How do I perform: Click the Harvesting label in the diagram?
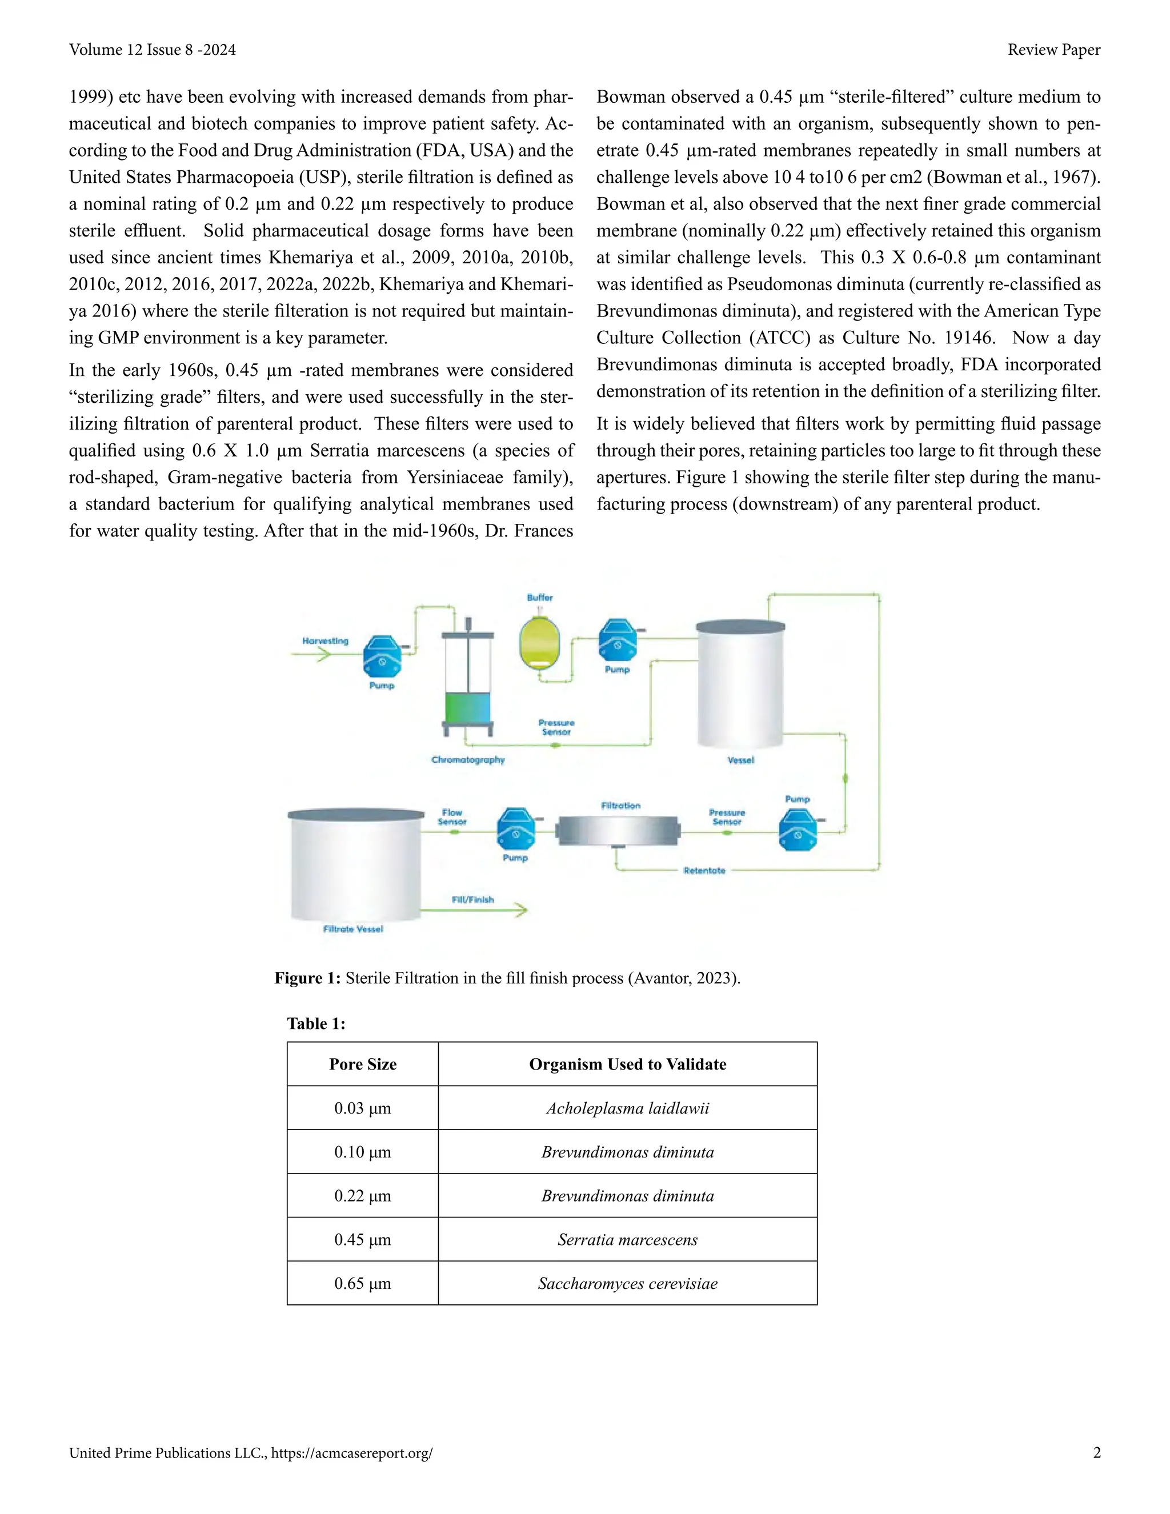point(325,640)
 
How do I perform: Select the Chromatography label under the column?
point(468,760)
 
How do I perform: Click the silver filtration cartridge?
point(618,830)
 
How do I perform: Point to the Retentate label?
point(704,871)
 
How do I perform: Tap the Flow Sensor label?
point(452,816)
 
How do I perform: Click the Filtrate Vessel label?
point(353,929)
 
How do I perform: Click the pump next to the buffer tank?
point(617,640)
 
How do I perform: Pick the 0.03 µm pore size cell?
point(363,1108)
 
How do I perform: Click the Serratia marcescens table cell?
point(627,1240)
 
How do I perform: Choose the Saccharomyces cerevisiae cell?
point(627,1283)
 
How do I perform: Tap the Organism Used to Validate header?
point(627,1064)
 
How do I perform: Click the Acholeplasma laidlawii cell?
point(627,1108)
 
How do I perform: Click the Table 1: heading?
point(316,1023)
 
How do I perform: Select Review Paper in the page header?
point(1053,50)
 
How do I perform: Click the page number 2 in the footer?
point(1096,1453)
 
